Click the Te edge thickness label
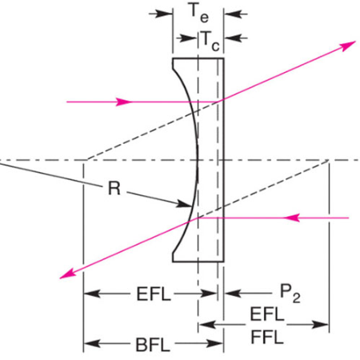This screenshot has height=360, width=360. (198, 13)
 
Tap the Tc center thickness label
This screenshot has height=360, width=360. (210, 41)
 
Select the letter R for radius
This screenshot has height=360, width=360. (114, 188)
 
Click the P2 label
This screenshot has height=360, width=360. (290, 294)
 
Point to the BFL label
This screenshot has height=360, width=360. (153, 345)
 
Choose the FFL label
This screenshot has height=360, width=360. (267, 337)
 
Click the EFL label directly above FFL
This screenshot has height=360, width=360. (267, 314)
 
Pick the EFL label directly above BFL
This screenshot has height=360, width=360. (154, 294)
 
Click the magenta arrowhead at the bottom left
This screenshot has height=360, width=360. (67, 274)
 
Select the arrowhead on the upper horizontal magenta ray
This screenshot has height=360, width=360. (124, 102)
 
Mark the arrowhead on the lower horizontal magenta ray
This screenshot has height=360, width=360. (291, 218)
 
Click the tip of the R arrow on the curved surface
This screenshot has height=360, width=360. (191, 206)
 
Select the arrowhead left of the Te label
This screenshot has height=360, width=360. (165, 14)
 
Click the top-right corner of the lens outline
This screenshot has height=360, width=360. (224, 58)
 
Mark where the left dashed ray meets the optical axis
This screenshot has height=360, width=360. (87, 160)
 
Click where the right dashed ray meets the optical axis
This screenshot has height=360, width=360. (329, 160)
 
